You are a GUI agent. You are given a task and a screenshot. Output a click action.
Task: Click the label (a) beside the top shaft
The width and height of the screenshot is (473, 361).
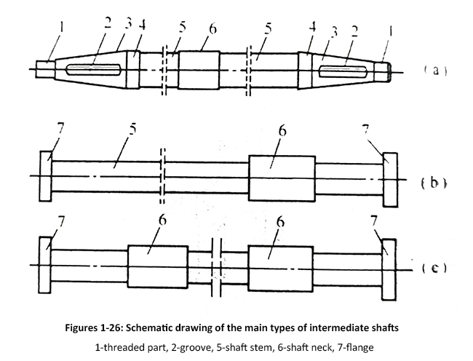pyautogui.click(x=434, y=71)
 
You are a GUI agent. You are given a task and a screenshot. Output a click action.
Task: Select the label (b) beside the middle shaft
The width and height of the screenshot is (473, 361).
pyautogui.click(x=434, y=183)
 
